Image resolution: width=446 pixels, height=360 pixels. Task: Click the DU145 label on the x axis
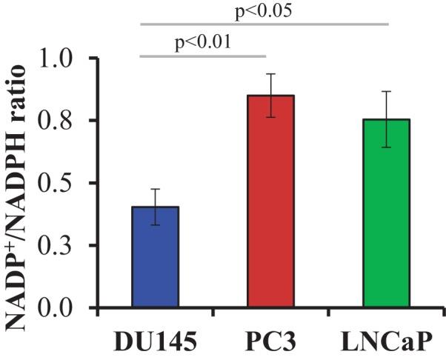coord(156,342)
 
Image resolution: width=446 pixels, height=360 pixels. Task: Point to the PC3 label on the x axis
coord(271,342)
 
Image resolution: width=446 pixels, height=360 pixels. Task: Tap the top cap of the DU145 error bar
coord(156,189)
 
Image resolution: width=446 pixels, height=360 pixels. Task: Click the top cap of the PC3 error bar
coord(271,74)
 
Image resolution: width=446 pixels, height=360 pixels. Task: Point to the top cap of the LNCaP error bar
coord(387,91)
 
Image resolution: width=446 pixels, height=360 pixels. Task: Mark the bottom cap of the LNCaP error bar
coord(387,147)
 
